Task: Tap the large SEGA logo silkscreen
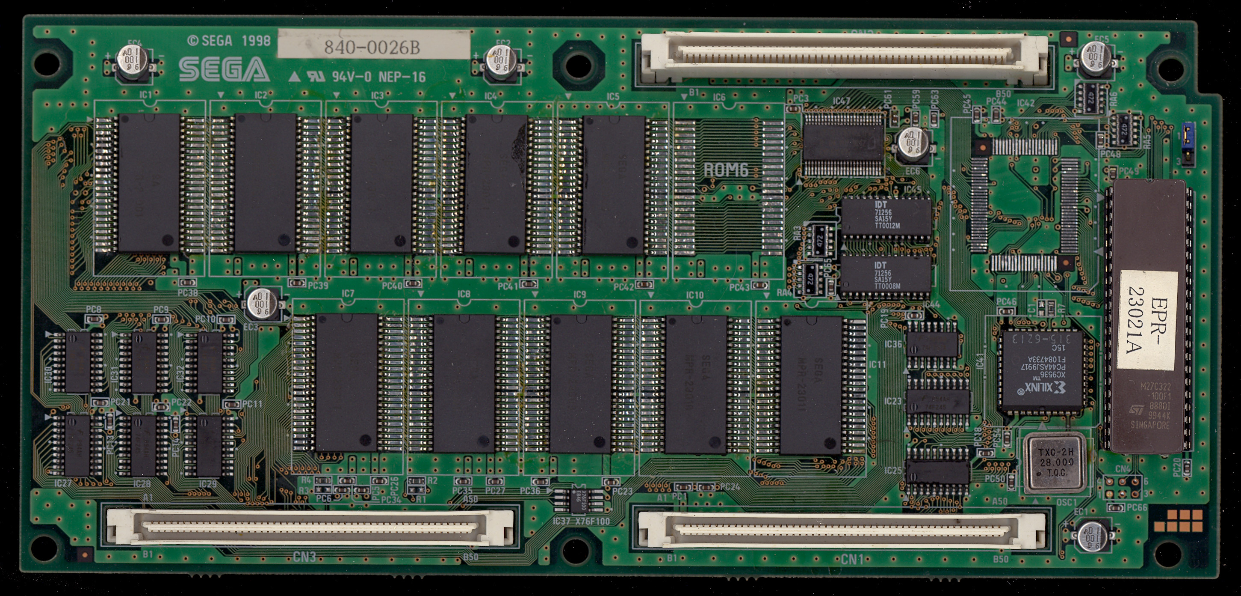(224, 70)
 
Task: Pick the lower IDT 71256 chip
(886, 276)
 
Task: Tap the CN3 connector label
(304, 557)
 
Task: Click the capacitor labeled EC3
(263, 304)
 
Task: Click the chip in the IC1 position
(149, 183)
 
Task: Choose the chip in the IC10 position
(696, 384)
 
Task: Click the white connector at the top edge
(843, 57)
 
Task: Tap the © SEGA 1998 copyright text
(229, 41)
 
